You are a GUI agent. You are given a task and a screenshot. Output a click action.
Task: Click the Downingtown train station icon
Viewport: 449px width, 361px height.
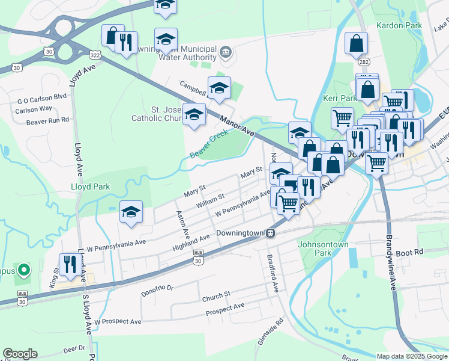pyautogui.click(x=271, y=233)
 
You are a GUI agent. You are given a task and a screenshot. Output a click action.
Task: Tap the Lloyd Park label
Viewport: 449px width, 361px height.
pyautogui.click(x=90, y=187)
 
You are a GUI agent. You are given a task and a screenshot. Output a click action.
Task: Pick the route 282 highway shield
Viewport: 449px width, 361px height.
pyautogui.click(x=364, y=61)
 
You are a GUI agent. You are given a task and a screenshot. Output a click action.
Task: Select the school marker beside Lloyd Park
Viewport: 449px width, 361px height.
pyautogui.click(x=131, y=212)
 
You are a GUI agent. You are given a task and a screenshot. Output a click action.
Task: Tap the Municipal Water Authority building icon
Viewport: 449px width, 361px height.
pyautogui.click(x=226, y=52)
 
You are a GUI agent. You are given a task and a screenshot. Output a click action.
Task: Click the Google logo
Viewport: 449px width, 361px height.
pyautogui.click(x=20, y=354)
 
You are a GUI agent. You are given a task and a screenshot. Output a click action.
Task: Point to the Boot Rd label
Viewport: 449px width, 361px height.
pyautogui.click(x=426, y=252)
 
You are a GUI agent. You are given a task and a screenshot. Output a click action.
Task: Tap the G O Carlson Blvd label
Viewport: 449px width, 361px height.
pyautogui.click(x=41, y=96)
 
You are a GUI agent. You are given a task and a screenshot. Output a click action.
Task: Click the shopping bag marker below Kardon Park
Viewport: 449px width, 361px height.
pyautogui.click(x=356, y=43)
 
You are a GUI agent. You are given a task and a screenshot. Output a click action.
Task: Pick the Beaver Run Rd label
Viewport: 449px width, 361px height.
pyautogui.click(x=48, y=121)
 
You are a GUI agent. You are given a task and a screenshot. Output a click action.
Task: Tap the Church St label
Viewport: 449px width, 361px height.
pyautogui.click(x=216, y=295)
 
